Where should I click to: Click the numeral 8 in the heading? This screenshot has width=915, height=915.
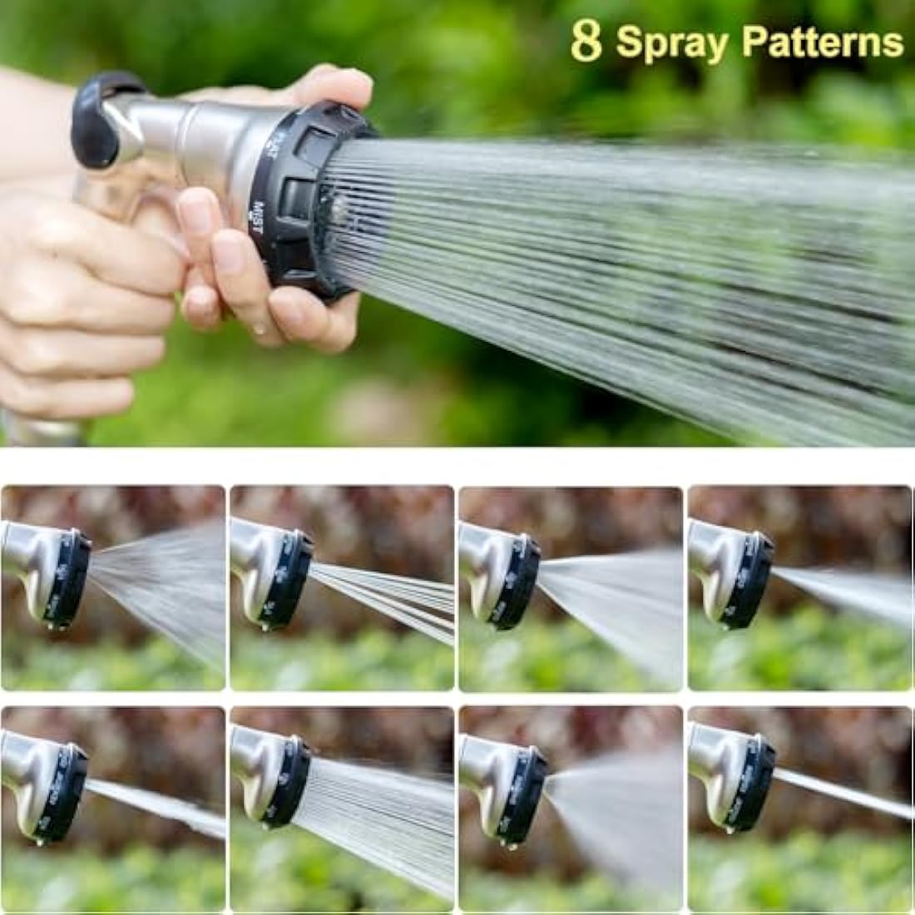[x=586, y=42]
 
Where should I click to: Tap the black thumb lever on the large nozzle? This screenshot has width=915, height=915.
[x=100, y=116]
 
